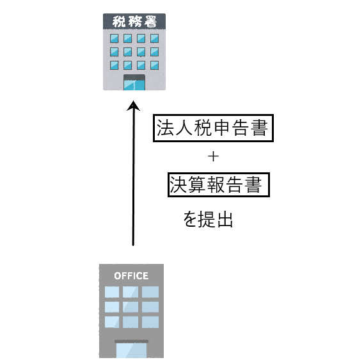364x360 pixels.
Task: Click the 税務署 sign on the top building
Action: click(134, 21)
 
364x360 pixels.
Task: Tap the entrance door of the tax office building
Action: click(134, 85)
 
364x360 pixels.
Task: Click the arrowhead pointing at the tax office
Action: click(133, 106)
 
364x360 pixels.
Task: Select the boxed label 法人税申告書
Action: click(213, 128)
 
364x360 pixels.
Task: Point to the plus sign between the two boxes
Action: click(213, 157)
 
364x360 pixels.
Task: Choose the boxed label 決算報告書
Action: click(218, 184)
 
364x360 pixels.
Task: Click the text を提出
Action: click(208, 219)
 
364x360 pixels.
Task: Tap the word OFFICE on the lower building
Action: click(131, 276)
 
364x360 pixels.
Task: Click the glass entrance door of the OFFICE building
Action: click(131, 350)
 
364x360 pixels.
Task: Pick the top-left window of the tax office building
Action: click(115, 38)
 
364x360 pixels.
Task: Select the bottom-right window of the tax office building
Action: click(154, 65)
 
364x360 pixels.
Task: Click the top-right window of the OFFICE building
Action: click(150, 292)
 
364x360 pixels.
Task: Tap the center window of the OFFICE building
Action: click(131, 307)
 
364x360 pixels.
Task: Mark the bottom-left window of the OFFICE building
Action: click(112, 322)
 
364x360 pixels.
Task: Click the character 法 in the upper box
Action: click(165, 127)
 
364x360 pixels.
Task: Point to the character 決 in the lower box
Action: click(178, 184)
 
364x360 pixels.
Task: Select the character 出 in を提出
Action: click(225, 219)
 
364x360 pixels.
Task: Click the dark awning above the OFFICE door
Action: click(131, 341)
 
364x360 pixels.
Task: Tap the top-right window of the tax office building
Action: click(154, 38)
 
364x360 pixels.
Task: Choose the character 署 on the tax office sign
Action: click(150, 21)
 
